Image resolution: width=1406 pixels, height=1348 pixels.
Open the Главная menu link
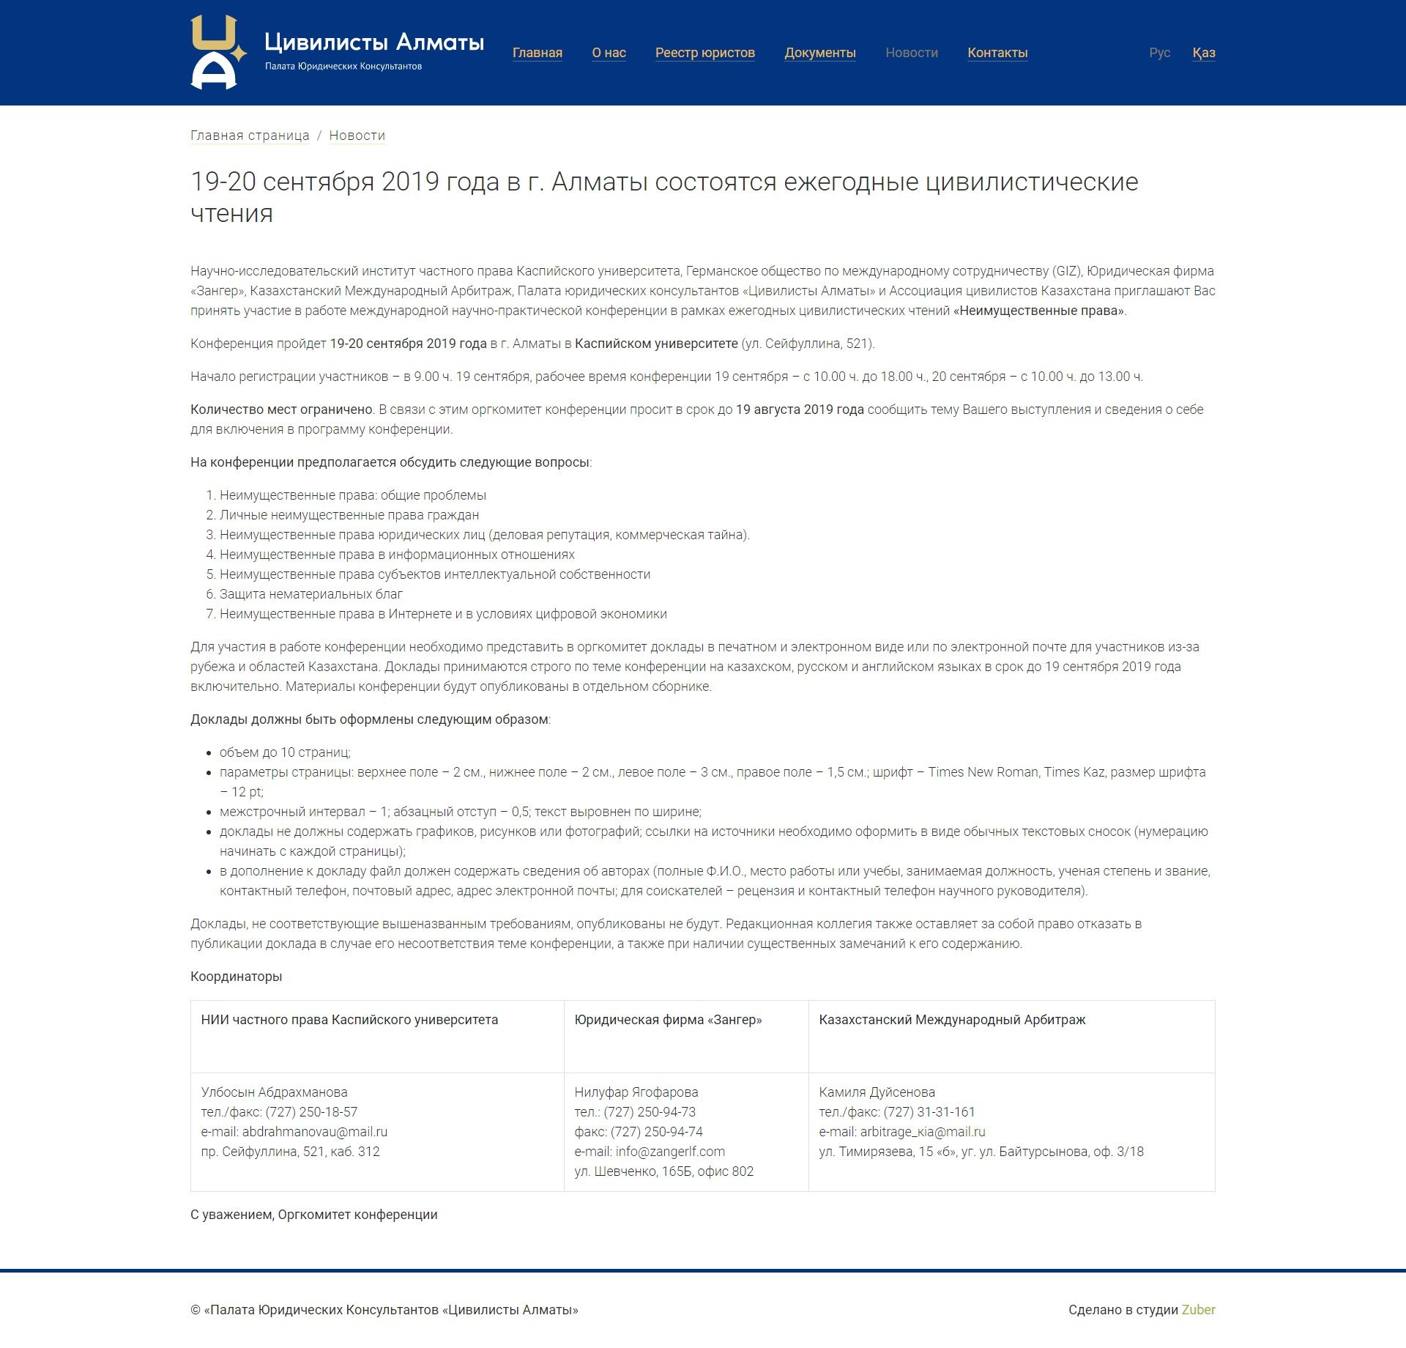[x=537, y=53]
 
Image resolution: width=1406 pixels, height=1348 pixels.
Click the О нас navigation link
[x=609, y=53]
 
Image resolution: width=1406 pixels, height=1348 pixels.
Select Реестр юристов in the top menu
[x=704, y=53]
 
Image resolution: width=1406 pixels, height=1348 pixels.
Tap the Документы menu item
[x=819, y=53]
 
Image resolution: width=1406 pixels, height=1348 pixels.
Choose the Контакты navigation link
[x=997, y=53]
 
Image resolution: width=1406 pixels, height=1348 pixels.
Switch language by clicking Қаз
[x=1203, y=53]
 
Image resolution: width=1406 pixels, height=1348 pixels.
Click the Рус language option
[x=1159, y=53]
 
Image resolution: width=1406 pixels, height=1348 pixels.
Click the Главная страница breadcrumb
[x=250, y=136]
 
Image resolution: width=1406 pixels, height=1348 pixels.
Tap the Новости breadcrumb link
[x=357, y=136]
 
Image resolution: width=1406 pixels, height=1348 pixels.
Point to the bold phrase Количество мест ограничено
[x=281, y=410]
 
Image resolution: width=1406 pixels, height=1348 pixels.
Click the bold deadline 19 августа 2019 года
[x=799, y=410]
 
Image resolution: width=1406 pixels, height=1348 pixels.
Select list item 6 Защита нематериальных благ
[x=310, y=594]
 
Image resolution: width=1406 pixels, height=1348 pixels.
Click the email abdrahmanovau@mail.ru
[x=314, y=1132]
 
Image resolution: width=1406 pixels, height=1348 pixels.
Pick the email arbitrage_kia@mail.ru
[x=922, y=1132]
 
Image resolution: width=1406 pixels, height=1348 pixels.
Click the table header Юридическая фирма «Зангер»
[x=668, y=1020]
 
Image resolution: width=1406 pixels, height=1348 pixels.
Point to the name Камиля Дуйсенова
[x=877, y=1092]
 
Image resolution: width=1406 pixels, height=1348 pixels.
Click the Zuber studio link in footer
[x=1198, y=1310]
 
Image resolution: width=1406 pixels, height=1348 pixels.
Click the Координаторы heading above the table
[x=236, y=977]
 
